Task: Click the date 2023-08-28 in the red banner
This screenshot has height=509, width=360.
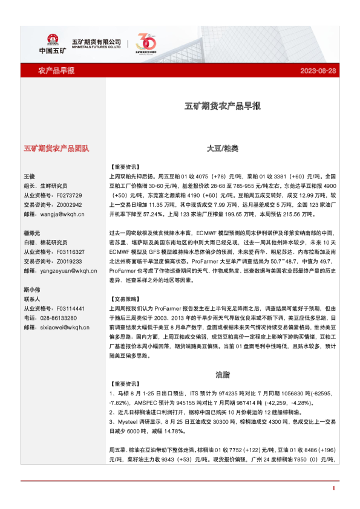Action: pos(318,71)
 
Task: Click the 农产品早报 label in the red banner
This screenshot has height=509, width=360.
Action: pos(56,71)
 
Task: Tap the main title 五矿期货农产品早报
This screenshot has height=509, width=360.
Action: pos(222,106)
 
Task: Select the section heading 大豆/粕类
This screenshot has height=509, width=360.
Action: pos(222,148)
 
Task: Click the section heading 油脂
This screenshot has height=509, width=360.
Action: pos(222,374)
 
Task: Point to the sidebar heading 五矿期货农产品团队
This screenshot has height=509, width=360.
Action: pos(56,148)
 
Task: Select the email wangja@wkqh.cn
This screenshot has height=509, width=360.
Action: pos(54,213)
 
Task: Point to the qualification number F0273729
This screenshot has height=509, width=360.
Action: pos(68,195)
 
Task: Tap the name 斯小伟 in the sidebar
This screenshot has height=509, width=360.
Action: pos(31,290)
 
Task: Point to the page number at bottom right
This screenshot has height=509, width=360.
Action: pos(333,487)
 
